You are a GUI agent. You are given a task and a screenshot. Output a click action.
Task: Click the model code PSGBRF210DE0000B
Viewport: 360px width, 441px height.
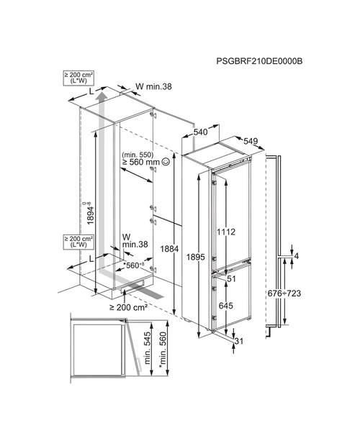pos(259,62)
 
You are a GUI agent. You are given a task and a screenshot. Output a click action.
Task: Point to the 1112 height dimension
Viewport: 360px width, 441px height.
pos(226,232)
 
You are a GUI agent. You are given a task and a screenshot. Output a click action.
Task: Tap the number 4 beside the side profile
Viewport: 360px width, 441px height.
pos(295,257)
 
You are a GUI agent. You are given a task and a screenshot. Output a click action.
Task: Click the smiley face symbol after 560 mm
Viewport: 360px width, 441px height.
pos(166,163)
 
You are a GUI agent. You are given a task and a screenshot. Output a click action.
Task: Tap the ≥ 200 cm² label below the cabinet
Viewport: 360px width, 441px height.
pos(129,307)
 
